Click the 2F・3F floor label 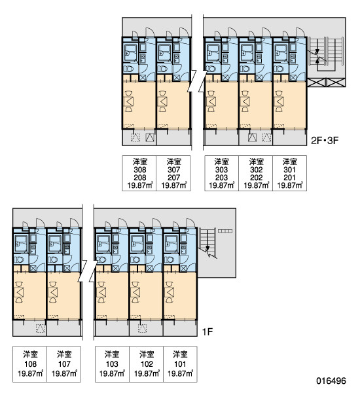(325, 141)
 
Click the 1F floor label (207, 332)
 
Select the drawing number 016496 (331, 381)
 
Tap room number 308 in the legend (140, 170)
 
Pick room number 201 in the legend (289, 178)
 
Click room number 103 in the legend (112, 364)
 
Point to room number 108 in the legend (30, 364)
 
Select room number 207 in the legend (173, 178)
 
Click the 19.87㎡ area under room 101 (180, 373)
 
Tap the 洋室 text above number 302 (257, 162)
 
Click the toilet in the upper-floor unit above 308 (129, 69)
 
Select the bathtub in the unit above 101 (171, 244)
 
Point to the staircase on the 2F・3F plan (326, 54)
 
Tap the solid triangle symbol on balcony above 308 (150, 138)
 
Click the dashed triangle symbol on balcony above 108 (41, 329)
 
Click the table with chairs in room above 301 (279, 102)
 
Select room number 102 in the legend (147, 364)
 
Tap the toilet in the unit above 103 (102, 259)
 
